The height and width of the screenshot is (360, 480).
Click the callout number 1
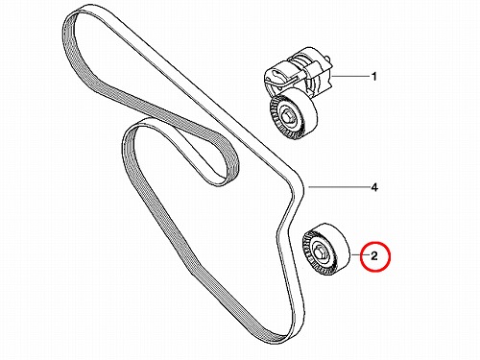coord(373,77)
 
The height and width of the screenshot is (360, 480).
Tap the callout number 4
coord(373,187)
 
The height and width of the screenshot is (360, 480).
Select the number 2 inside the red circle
coord(374,256)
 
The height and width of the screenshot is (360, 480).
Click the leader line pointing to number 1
coord(349,76)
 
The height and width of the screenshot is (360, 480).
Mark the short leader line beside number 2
coord(359,255)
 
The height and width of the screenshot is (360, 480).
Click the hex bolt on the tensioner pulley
coord(287,116)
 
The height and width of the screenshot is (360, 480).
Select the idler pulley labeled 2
coord(326,249)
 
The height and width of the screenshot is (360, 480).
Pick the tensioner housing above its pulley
coord(299,72)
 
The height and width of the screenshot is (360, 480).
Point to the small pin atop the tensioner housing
coord(327,59)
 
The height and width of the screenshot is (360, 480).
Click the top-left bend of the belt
coord(73,19)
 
